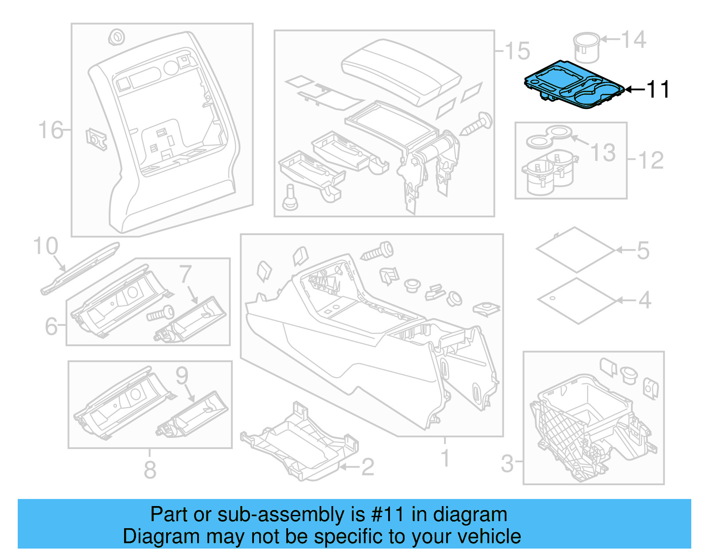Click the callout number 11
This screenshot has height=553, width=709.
pyautogui.click(x=658, y=89)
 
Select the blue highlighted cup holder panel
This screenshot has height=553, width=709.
pyautogui.click(x=572, y=84)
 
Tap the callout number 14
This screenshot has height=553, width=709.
pyautogui.click(x=634, y=39)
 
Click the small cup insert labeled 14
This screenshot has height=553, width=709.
pyautogui.click(x=586, y=46)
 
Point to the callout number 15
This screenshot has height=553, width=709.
pyautogui.click(x=517, y=51)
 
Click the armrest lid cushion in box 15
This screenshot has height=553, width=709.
pyautogui.click(x=401, y=71)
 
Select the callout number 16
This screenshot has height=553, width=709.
pyautogui.click(x=50, y=130)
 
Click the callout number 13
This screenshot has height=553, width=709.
pyautogui.click(x=604, y=153)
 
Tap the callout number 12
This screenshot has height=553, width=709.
pyautogui.click(x=651, y=160)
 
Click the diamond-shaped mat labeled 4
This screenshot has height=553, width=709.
pyautogui.click(x=577, y=301)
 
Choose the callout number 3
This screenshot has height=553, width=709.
pyautogui.click(x=507, y=464)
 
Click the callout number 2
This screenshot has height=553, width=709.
pyautogui.click(x=367, y=467)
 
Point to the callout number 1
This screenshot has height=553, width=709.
pyautogui.click(x=445, y=458)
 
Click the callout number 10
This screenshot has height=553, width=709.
pyautogui.click(x=46, y=246)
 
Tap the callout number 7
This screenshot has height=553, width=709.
pyautogui.click(x=186, y=275)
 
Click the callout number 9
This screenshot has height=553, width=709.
pyautogui.click(x=182, y=376)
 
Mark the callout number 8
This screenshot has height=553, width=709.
pyautogui.click(x=150, y=470)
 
